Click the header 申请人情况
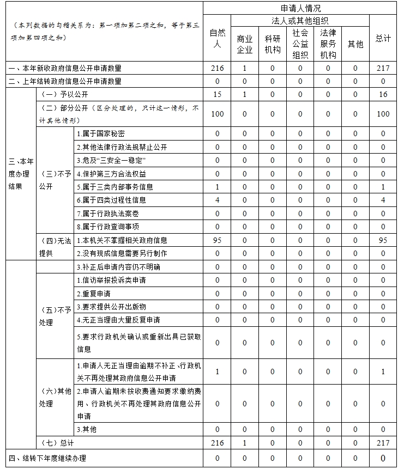(300, 8)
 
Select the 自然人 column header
(217, 39)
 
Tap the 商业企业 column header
(245, 44)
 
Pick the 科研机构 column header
(273, 44)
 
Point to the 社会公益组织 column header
(300, 44)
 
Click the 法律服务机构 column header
(328, 44)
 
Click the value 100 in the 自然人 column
(217, 114)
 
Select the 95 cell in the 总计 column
(383, 240)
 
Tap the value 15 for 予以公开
(217, 94)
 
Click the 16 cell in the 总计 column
(383, 94)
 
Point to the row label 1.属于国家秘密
(100, 134)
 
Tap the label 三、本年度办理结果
(22, 174)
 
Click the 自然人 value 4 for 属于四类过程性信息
(217, 200)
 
